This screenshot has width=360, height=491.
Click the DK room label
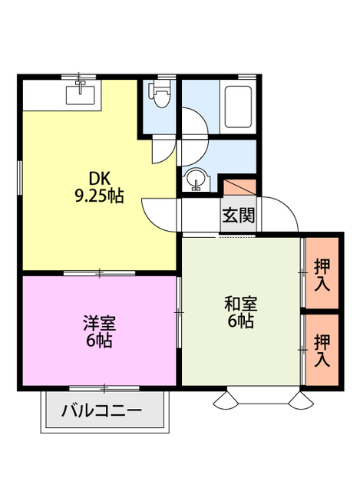[x=100, y=179]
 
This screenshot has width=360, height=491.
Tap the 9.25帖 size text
[x=99, y=196]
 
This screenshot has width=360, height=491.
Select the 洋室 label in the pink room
[x=100, y=323]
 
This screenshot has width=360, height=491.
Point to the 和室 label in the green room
[x=240, y=304]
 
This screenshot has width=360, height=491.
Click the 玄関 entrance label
[x=239, y=215]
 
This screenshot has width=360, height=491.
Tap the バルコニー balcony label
[x=101, y=410]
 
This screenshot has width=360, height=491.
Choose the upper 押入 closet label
[x=322, y=275]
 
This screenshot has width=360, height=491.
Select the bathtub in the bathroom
[x=239, y=107]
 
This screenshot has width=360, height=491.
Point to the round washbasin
[x=197, y=180]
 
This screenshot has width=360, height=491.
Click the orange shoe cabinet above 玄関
[x=239, y=187]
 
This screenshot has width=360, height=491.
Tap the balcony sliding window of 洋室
[x=104, y=388]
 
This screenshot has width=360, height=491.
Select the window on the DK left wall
[x=20, y=177]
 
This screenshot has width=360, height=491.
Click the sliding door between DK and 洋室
[x=100, y=273]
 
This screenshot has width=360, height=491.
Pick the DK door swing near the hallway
[x=158, y=216]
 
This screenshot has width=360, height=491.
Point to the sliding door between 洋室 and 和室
[x=179, y=312]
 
